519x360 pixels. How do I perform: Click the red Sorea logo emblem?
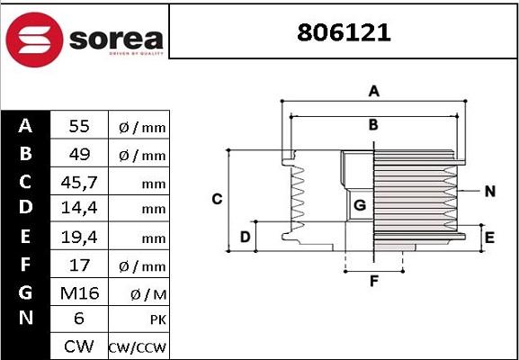click(x=35, y=38)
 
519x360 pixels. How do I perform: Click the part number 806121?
click(x=345, y=33)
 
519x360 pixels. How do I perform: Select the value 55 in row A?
click(x=78, y=127)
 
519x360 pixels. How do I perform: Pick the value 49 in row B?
click(x=78, y=155)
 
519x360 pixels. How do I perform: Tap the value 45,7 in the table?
click(x=78, y=183)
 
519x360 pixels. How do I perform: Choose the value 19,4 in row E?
click(x=78, y=238)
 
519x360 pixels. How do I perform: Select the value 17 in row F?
click(x=78, y=265)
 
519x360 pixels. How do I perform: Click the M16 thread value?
click(x=78, y=293)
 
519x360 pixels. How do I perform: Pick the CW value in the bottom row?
click(x=78, y=346)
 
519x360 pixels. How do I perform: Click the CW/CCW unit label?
click(x=138, y=347)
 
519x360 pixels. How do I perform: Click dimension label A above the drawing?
click(x=373, y=91)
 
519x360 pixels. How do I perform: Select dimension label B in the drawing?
click(x=373, y=124)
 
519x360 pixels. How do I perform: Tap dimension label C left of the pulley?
click(x=217, y=199)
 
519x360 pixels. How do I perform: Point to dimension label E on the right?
click(x=489, y=238)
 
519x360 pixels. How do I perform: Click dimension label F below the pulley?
click(x=373, y=280)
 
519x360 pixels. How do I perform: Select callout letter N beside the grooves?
click(x=489, y=191)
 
